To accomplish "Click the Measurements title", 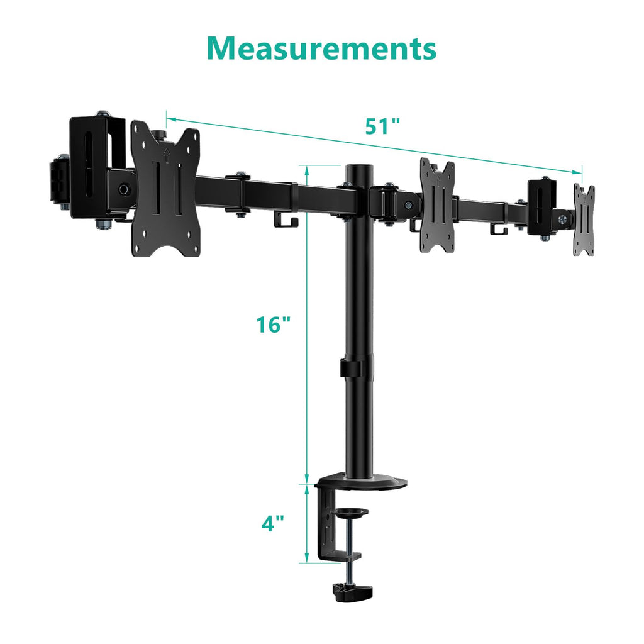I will (x=321, y=48).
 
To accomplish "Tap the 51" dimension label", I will (x=382, y=126).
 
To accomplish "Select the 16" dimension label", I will (x=274, y=325).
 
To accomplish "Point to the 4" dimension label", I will (x=272, y=523).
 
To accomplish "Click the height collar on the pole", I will (x=357, y=368).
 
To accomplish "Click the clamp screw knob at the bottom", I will (x=352, y=592).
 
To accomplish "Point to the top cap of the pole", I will (x=357, y=169).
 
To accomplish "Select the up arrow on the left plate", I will (x=166, y=152).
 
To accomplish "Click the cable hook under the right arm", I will (x=500, y=231).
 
